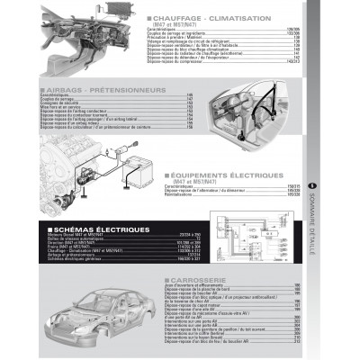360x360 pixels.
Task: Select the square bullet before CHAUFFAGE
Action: point(148,19)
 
